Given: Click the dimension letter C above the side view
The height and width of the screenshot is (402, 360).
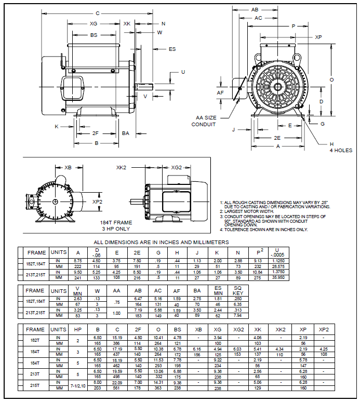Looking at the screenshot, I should pyautogui.click(x=97, y=14).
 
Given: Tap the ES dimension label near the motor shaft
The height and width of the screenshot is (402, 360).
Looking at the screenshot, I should pyautogui.click(x=172, y=49).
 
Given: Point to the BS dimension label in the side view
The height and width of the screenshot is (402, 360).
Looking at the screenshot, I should pyautogui.click(x=94, y=35).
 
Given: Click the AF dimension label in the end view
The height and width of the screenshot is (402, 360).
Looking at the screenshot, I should pyautogui.click(x=220, y=92).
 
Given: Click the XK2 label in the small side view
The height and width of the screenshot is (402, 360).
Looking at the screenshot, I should pyautogui.click(x=122, y=168).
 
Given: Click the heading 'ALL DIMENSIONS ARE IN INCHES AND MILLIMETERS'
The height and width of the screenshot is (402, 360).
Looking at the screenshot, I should pyautogui.click(x=161, y=242).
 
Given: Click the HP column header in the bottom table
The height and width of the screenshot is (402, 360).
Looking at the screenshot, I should pyautogui.click(x=77, y=330).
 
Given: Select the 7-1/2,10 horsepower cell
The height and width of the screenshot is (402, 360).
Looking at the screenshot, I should pyautogui.click(x=77, y=385).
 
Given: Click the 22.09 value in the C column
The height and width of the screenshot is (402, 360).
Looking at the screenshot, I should pyautogui.click(x=117, y=383).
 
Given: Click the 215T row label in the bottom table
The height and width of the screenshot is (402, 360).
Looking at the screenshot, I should pyautogui.click(x=35, y=385).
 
